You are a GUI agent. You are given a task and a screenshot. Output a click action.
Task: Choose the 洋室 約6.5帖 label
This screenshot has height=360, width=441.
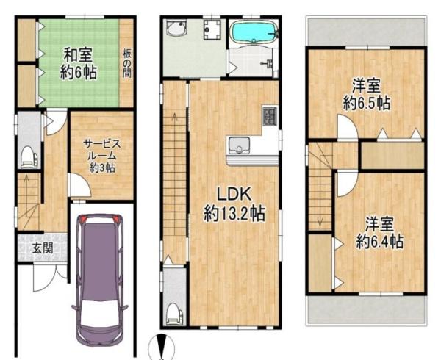(x=365, y=94)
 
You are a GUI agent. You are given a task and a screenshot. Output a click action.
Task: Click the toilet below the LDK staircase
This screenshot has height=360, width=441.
(x=173, y=313)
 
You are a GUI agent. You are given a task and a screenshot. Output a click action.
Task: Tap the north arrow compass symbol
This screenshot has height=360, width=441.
(x=160, y=346)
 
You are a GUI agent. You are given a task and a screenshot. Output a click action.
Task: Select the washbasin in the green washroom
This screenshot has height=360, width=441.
(x=176, y=31)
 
